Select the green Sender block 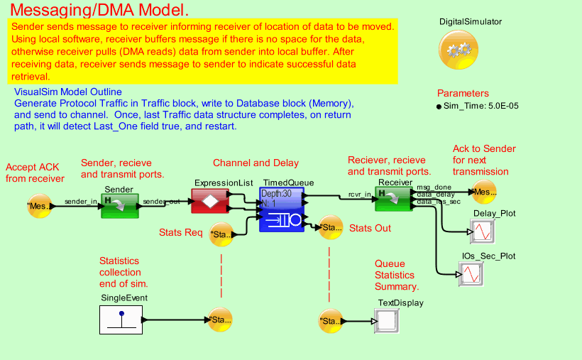119,202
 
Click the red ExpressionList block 210,201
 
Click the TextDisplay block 389,321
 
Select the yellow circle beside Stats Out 328,227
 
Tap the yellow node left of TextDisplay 331,321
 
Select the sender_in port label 80,202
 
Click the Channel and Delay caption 256,163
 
